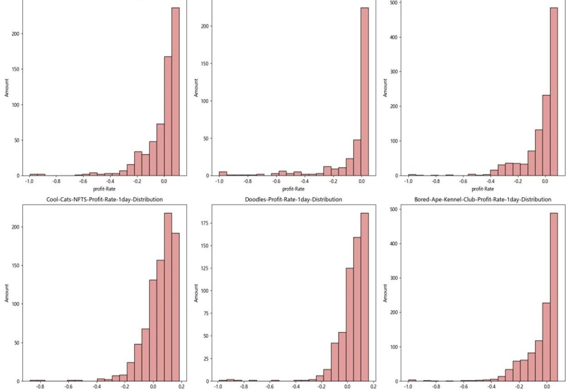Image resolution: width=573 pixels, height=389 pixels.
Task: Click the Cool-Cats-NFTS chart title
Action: [x=104, y=199]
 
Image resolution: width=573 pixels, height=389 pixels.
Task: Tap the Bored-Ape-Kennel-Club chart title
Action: [x=483, y=199]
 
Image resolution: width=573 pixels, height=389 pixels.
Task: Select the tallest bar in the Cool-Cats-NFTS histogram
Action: [x=168, y=297]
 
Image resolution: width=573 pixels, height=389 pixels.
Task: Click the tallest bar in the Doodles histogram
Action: [x=365, y=297]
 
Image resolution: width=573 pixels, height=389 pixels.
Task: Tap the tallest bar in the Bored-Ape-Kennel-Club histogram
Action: [x=553, y=297]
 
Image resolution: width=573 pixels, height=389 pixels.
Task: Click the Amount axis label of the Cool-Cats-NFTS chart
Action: [x=7, y=293]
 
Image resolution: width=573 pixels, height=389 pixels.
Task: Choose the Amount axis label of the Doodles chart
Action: [x=196, y=293]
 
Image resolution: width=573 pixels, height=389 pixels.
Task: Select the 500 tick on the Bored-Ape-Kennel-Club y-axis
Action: [x=393, y=209]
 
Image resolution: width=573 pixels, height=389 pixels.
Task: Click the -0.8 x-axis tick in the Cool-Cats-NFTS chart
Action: [x=40, y=387]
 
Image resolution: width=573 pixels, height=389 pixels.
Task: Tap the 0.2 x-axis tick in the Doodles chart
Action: [x=373, y=387]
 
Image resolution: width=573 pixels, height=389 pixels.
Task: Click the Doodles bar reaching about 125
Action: [x=350, y=324]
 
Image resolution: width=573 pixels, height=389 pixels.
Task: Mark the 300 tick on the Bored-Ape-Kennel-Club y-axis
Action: [x=393, y=278]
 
